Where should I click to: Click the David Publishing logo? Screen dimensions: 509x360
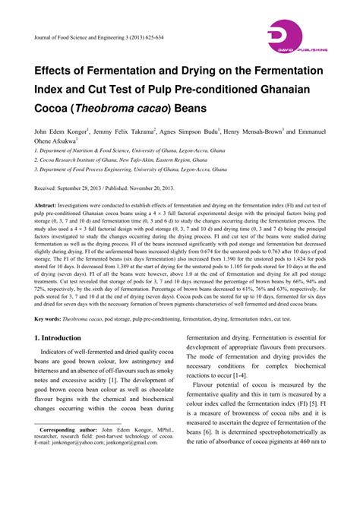296,39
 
